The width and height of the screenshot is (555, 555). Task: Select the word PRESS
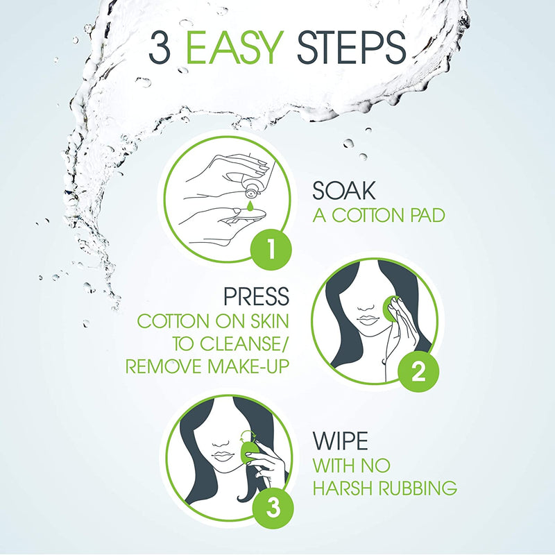[255, 297]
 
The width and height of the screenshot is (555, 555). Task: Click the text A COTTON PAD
[378, 215]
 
